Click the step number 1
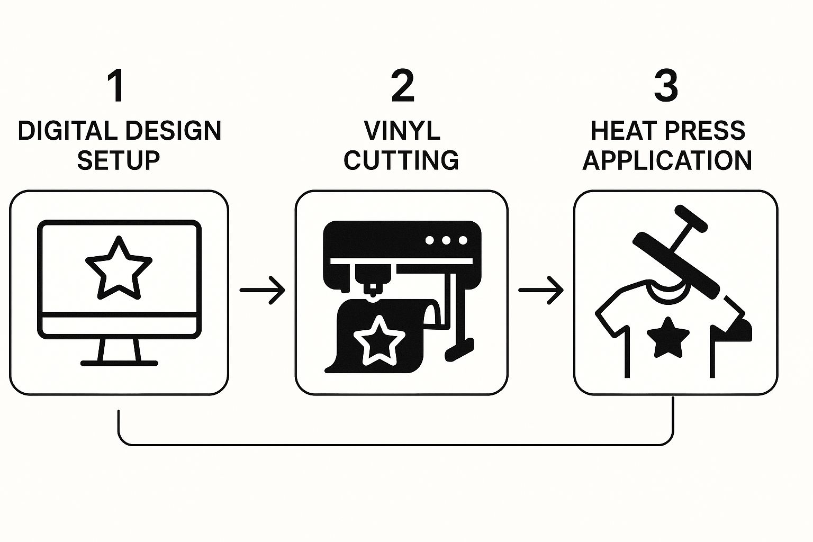(x=117, y=86)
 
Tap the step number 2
(x=402, y=86)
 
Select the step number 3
(x=665, y=86)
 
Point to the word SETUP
(x=119, y=160)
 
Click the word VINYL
(x=402, y=131)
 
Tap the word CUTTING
(x=401, y=160)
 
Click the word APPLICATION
(x=667, y=160)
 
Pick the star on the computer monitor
(x=119, y=268)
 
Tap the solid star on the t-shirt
(x=668, y=337)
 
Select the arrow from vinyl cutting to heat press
(x=540, y=290)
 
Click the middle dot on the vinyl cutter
(x=446, y=240)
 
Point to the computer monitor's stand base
(x=119, y=363)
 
